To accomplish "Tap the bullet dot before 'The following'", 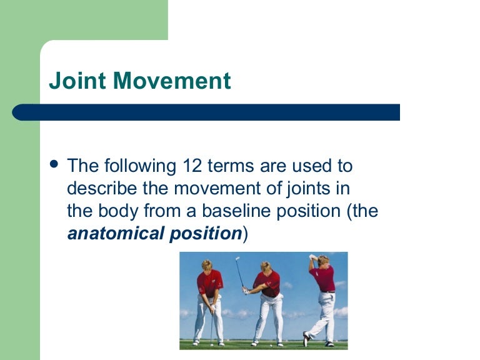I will coord(54,164).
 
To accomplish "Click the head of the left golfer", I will coord(206,264).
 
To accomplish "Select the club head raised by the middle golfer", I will coord(236,257).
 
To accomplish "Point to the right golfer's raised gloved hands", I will coord(313,257).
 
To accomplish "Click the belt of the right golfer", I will coord(327,292).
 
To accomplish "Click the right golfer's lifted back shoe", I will coord(306,338).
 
